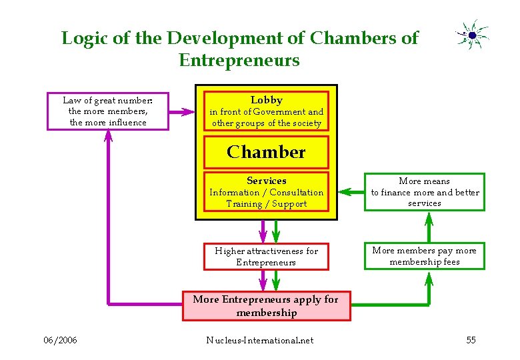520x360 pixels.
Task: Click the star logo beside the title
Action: [x=472, y=34]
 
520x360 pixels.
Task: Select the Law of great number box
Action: [x=108, y=111]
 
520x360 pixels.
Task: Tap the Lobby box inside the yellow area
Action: [x=266, y=111]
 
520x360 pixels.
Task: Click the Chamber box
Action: [x=266, y=152]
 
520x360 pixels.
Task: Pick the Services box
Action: [x=266, y=192]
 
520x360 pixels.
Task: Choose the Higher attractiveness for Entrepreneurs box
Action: [x=266, y=257]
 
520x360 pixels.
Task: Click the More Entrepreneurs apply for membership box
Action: [x=266, y=306]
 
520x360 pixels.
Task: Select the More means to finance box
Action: [x=425, y=192]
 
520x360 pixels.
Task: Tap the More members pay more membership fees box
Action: [x=425, y=256]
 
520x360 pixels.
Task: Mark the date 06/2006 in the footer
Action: [x=60, y=341]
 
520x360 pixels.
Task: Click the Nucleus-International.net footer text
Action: [x=259, y=341]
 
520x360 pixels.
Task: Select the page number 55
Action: [x=471, y=341]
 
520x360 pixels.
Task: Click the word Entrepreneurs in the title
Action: [x=239, y=61]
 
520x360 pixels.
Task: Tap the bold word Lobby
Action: [x=266, y=100]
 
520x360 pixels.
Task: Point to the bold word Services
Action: [x=266, y=181]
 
